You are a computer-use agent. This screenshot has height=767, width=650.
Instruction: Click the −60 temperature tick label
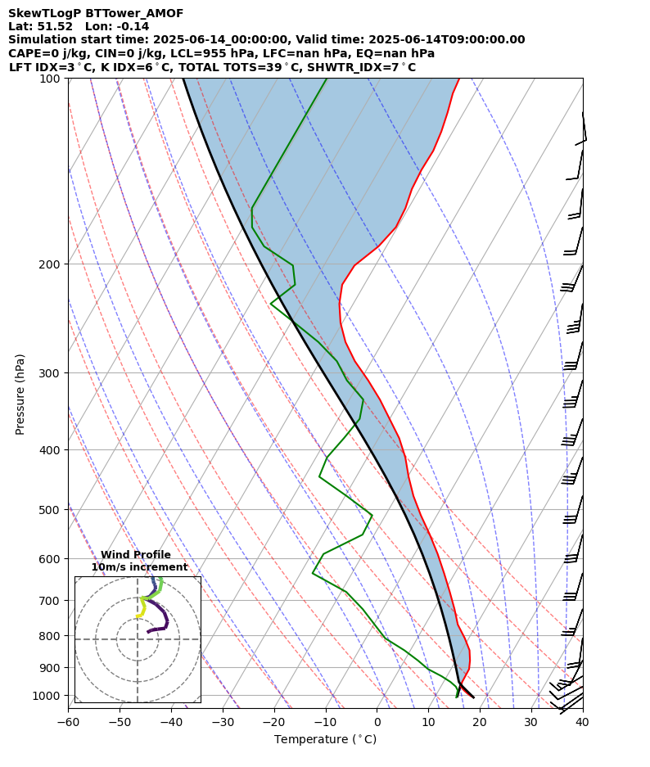(68, 723)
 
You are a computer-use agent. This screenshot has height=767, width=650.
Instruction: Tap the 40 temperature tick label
(582, 723)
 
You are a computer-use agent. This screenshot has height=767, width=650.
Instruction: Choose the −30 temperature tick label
(222, 723)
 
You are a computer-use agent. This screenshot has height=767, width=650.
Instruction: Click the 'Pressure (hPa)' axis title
(20, 394)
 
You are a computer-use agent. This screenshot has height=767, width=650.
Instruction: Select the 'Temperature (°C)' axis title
(325, 739)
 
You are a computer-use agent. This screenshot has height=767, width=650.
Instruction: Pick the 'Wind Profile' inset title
(136, 555)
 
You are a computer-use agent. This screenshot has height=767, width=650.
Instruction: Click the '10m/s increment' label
(139, 567)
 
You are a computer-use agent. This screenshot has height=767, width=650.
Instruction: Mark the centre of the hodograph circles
(138, 639)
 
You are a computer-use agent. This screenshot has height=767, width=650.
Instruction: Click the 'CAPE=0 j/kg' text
(43, 54)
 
